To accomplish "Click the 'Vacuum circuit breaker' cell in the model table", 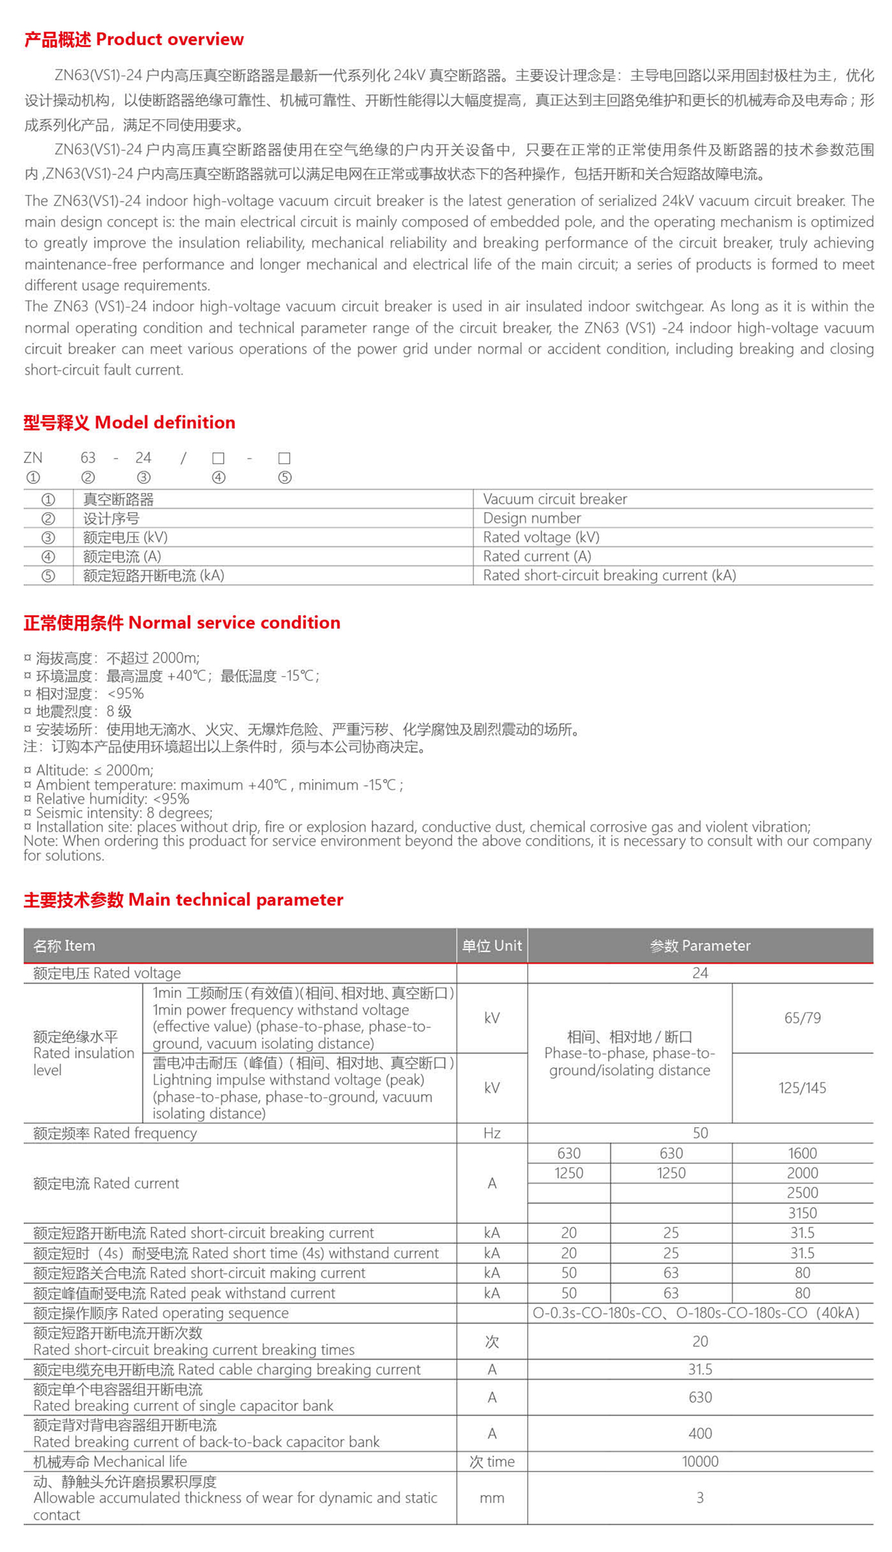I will pos(554,499).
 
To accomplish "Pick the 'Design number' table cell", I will pos(532,518).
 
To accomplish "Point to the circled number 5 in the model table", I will pos(48,576).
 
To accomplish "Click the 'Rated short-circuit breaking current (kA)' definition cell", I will pos(609,575).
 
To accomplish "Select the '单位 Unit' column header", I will pos(491,946).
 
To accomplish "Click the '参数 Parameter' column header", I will pos(700,946).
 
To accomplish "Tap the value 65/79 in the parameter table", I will pos(802,1018).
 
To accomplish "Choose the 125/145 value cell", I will pos(802,1088).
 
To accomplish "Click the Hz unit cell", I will pos(491,1133).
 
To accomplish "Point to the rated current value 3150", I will pos(802,1213).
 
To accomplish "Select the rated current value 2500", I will pos(802,1193).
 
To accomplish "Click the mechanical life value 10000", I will pos(700,1461).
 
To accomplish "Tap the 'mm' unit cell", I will pos(491,1498).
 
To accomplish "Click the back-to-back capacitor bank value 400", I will pos(700,1433).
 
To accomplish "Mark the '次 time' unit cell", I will pos(491,1461).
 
